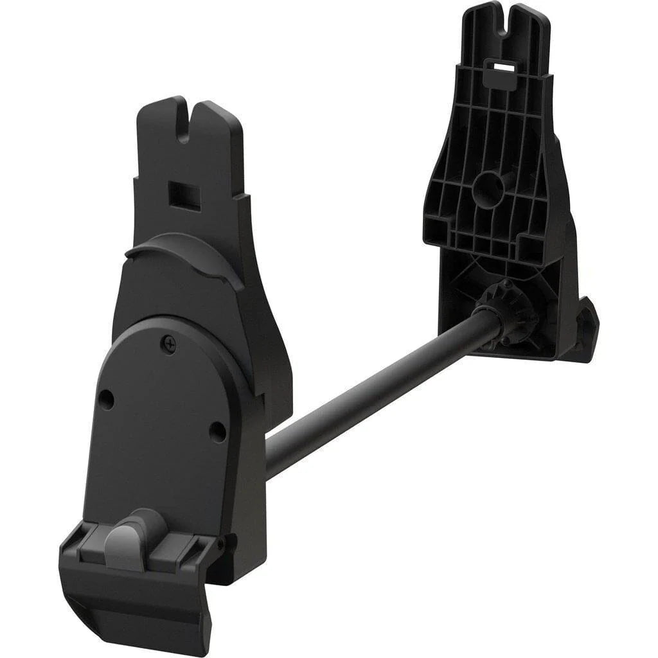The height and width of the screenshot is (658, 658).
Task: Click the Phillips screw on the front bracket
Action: click(168, 345)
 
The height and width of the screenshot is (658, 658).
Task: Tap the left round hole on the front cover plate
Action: click(107, 400)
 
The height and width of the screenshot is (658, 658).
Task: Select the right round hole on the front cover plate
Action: click(218, 431)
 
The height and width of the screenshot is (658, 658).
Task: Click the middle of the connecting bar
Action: click(379, 392)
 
